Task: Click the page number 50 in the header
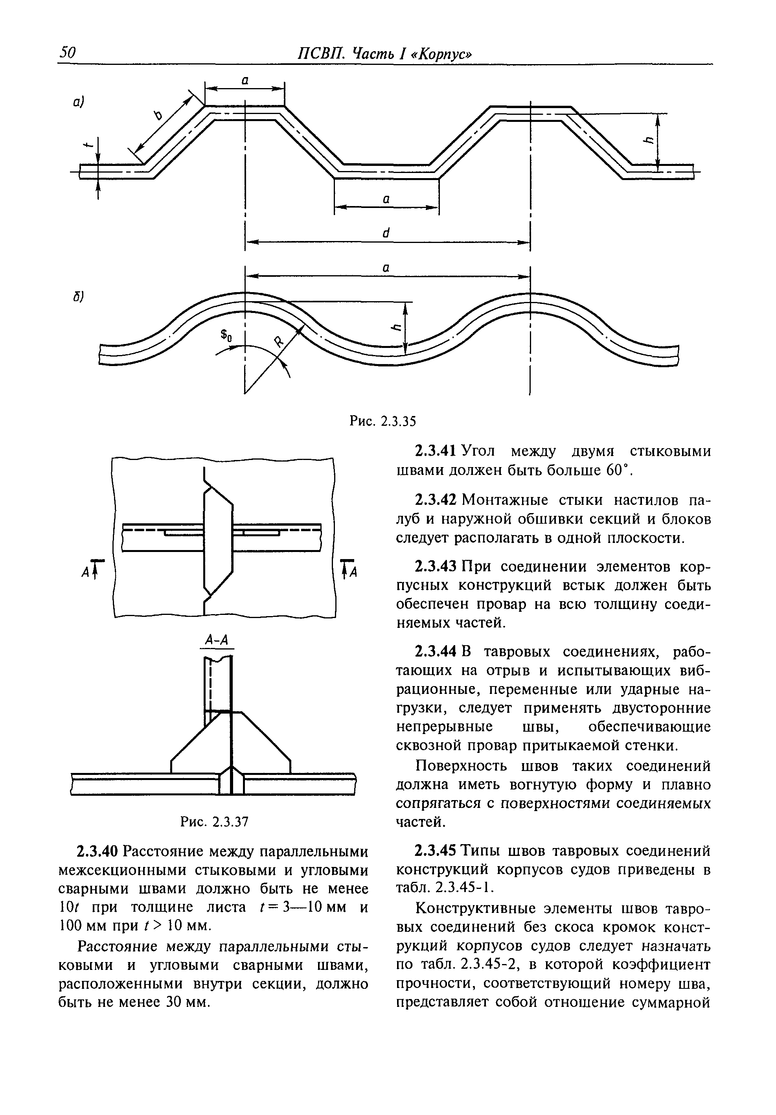[68, 52]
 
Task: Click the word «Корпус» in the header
[440, 53]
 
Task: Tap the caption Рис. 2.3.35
[382, 421]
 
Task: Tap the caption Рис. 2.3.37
[214, 821]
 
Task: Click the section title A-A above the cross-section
[217, 640]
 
